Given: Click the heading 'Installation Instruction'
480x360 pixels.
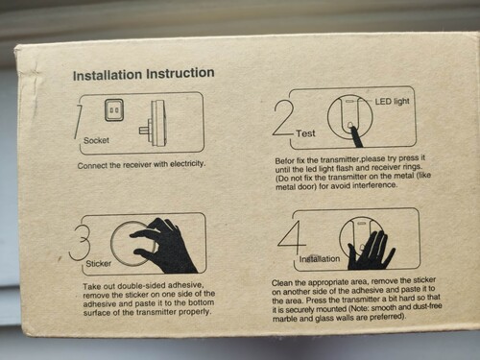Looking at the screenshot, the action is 144,74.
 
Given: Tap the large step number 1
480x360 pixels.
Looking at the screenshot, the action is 79,121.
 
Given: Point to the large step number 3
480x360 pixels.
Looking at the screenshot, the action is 80,243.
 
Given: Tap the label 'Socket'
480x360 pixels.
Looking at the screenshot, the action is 96,140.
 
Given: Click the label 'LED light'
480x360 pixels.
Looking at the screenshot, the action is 392,102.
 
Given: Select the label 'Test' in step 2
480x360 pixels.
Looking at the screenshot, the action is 305,133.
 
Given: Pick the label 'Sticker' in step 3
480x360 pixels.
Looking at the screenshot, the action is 99,264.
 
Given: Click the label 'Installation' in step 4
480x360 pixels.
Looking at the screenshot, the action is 320,258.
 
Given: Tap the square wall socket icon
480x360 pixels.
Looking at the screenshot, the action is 114,110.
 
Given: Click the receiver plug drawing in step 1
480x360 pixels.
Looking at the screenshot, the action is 153,123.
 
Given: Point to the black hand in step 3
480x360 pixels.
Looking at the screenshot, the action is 164,245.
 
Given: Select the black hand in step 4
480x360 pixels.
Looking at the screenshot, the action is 372,251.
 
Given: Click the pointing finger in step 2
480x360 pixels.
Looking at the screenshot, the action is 356,136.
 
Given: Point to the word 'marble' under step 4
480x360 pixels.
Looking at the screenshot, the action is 283,319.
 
